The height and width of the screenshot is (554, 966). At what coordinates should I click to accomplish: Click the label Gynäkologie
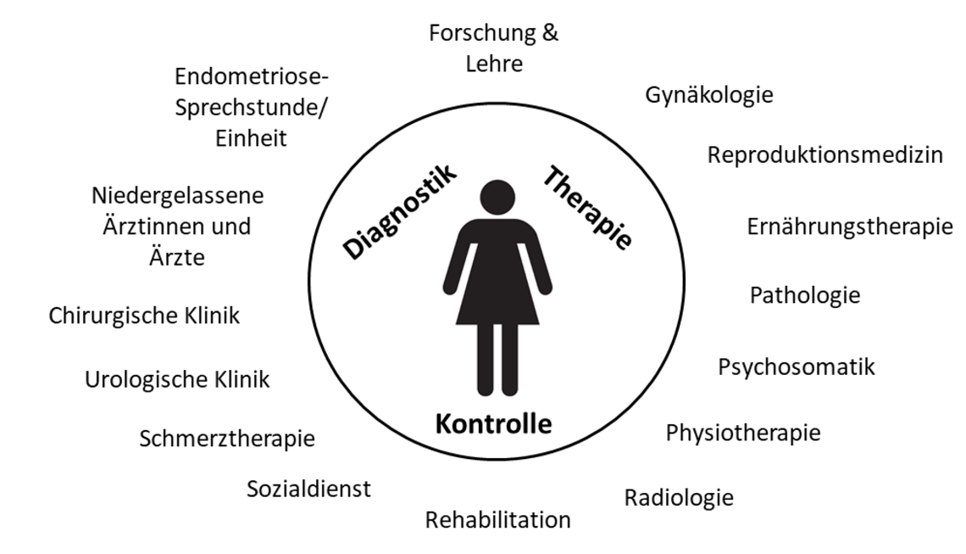709,95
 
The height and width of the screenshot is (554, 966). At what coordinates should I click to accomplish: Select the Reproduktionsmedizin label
825,155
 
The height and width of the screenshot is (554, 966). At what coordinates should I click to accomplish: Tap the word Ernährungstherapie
850,227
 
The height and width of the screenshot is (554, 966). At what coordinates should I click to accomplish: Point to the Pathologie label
805,295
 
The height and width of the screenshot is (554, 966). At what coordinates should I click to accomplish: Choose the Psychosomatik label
797,367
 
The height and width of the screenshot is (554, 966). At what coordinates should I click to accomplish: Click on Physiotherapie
743,433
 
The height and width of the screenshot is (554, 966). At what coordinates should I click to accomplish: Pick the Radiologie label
679,498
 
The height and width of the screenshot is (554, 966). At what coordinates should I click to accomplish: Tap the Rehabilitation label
497,520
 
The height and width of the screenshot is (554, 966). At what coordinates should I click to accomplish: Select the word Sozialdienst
308,489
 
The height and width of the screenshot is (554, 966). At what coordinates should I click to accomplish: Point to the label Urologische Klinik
177,379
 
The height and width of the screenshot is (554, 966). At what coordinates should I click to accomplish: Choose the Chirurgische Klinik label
144,316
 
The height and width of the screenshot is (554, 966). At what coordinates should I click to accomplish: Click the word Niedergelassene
177,196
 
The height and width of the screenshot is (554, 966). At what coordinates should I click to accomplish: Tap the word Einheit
251,138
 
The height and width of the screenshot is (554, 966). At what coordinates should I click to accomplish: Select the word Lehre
494,64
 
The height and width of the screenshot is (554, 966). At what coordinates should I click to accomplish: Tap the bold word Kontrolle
493,424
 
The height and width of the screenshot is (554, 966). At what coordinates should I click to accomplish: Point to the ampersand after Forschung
550,33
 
